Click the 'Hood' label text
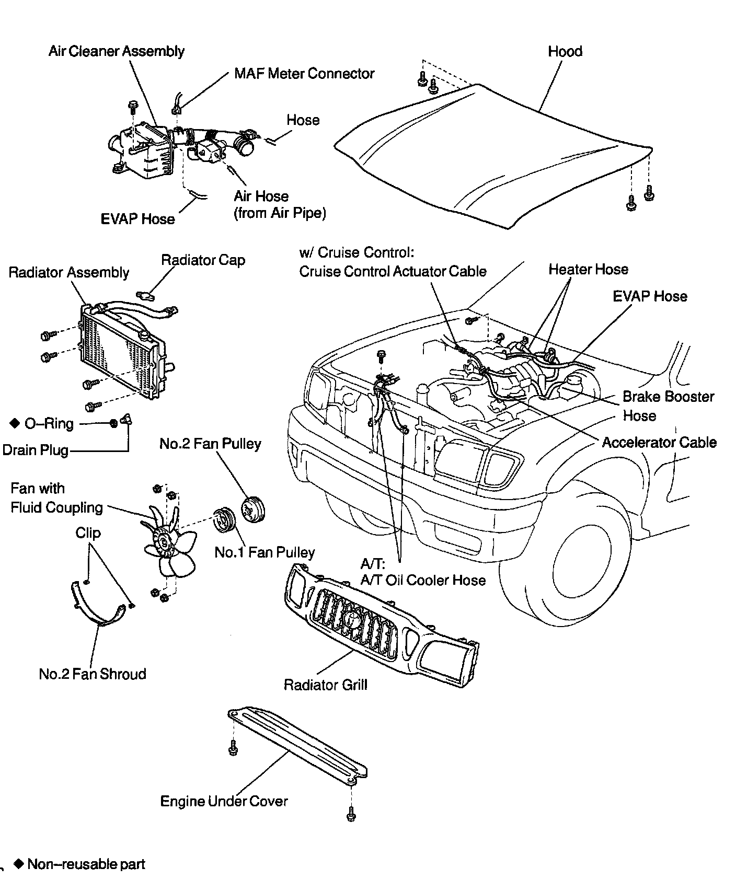565,51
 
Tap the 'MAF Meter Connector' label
304,73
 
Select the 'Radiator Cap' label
203,260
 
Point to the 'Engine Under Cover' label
224,801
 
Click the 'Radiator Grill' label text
325,685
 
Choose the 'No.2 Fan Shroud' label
92,674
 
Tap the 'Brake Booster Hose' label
668,406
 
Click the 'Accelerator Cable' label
659,442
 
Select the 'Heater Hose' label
588,269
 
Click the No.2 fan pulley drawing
254,508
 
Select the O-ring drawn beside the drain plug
113,423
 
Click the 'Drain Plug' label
36,450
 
